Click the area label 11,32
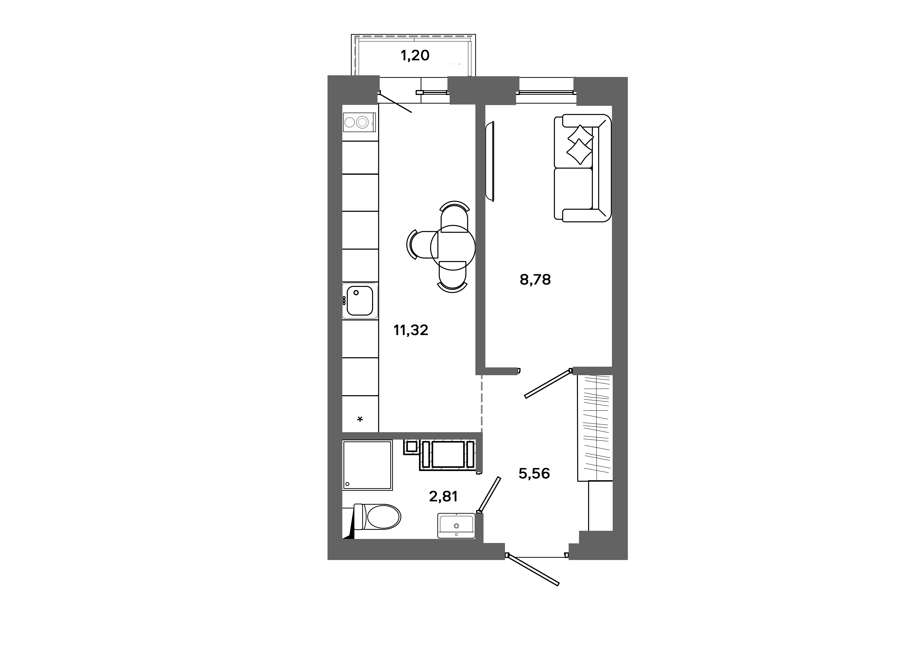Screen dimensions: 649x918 click(x=411, y=330)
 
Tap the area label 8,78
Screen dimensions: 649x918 click(x=535, y=280)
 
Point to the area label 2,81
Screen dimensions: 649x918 click(x=443, y=496)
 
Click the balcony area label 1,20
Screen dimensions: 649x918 click(x=415, y=56)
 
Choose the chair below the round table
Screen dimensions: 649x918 click(x=453, y=276)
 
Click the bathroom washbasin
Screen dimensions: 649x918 click(x=456, y=526)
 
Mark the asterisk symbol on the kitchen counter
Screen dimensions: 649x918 click(x=360, y=419)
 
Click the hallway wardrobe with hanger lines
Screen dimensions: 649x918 click(x=595, y=428)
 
